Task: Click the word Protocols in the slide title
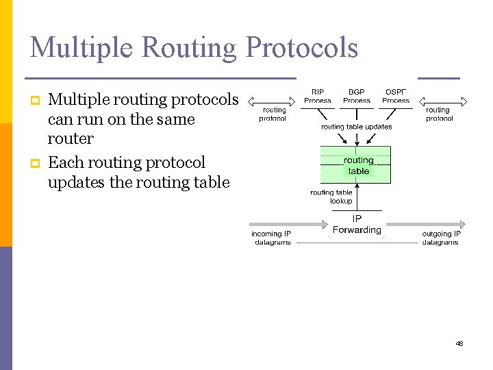click(301, 47)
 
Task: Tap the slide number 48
click(459, 343)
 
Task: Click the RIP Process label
click(318, 96)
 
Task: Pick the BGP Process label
click(357, 96)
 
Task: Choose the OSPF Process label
click(396, 96)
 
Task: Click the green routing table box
click(356, 164)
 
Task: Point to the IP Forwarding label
click(357, 225)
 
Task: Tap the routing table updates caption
click(357, 127)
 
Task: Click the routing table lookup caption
click(331, 197)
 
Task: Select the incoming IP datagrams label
click(272, 238)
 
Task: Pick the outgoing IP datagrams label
click(441, 238)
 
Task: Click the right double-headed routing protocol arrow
click(442, 101)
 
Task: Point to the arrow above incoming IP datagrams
click(288, 224)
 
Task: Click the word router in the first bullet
click(71, 138)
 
